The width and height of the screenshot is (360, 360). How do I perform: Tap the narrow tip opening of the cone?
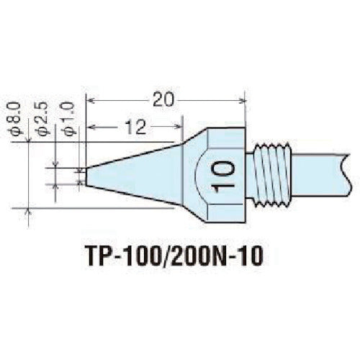(x=86, y=175)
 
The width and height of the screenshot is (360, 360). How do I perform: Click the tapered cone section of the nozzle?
(x=137, y=173)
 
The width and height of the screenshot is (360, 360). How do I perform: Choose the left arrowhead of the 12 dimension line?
(x=90, y=130)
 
